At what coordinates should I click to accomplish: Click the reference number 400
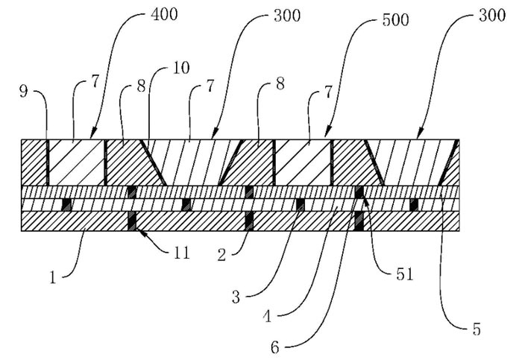click(x=165, y=15)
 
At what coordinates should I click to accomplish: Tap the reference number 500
click(x=395, y=20)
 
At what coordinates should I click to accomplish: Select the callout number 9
click(x=23, y=91)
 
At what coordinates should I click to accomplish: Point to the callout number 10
click(x=181, y=68)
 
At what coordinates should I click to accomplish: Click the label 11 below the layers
click(x=182, y=253)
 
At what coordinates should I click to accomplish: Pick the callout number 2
click(x=221, y=255)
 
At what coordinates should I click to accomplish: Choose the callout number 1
click(x=53, y=277)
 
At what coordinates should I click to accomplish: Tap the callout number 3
click(x=236, y=297)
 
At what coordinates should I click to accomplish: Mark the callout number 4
click(x=267, y=316)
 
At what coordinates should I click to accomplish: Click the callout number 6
click(x=275, y=347)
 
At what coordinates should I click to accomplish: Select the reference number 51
click(x=404, y=274)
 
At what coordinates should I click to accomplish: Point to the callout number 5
click(x=477, y=329)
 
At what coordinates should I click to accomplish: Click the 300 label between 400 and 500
click(x=287, y=16)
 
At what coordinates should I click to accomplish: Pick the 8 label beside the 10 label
click(x=142, y=86)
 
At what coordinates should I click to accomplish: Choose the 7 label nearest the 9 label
click(x=95, y=82)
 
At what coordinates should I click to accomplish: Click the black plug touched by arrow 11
click(x=132, y=221)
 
